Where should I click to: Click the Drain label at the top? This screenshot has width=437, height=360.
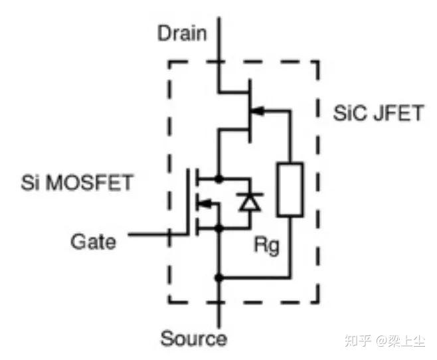(x=182, y=33)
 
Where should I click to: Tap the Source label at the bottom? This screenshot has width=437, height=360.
(x=193, y=339)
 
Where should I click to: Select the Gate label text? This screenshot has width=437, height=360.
(x=92, y=240)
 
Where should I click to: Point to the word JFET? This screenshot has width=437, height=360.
(x=396, y=113)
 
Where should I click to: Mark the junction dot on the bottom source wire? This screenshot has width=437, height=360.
(x=219, y=276)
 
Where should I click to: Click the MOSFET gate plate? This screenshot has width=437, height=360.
(x=188, y=203)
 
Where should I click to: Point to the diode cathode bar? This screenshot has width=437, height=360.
(x=250, y=194)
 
